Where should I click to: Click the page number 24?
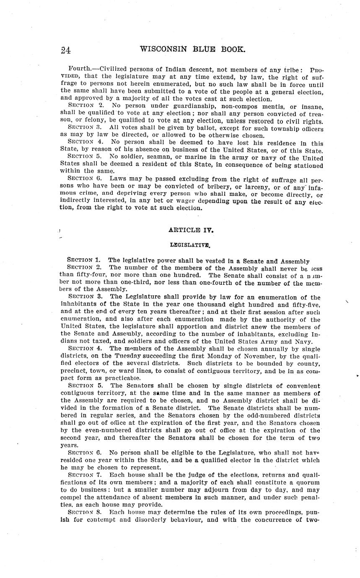[65, 50]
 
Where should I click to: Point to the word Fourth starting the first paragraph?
[79, 68]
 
